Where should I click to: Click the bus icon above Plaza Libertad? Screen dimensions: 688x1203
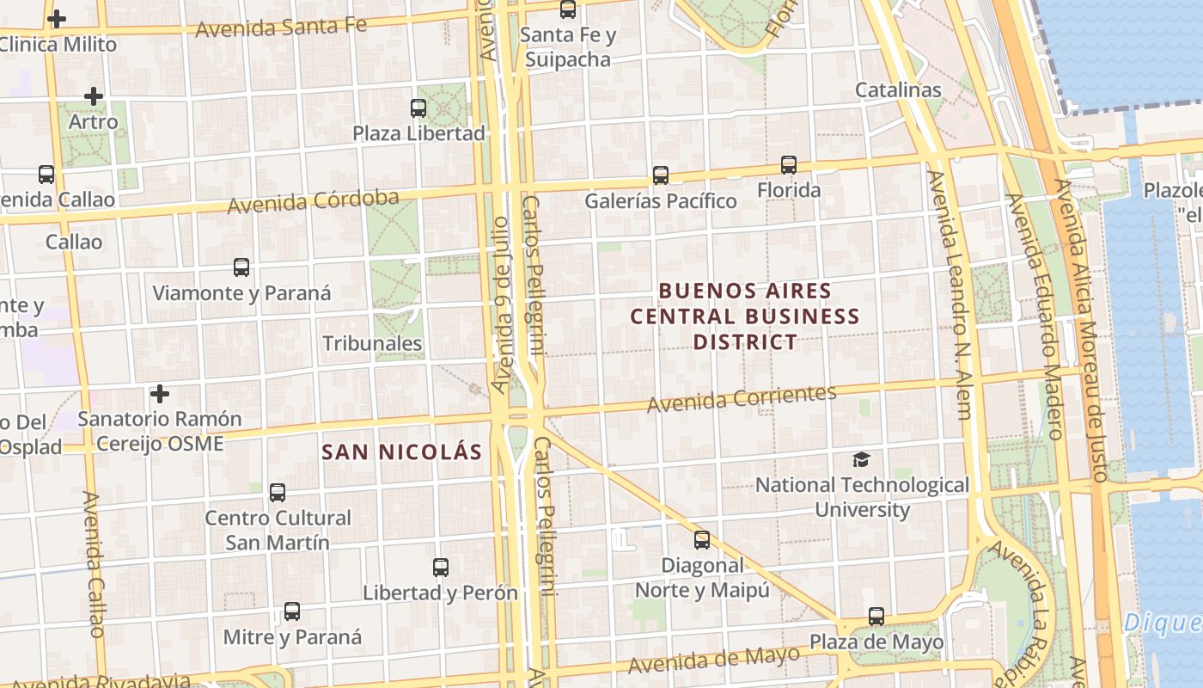(x=418, y=108)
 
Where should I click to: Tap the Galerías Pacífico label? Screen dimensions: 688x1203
(x=660, y=201)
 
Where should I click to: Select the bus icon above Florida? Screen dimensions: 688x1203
(x=789, y=165)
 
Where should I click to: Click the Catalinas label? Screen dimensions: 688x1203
(x=898, y=90)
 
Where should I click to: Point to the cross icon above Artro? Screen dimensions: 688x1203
(x=94, y=96)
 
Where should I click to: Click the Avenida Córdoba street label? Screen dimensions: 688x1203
(x=313, y=202)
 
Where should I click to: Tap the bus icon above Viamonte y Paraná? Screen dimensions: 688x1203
(x=241, y=267)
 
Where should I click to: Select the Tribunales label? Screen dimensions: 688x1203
(x=372, y=344)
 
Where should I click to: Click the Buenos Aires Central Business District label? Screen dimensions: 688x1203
(x=745, y=316)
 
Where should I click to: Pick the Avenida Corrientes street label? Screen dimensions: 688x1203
(x=742, y=399)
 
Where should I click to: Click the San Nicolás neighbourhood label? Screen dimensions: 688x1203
(x=401, y=452)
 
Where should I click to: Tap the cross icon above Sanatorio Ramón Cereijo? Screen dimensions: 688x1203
(x=159, y=394)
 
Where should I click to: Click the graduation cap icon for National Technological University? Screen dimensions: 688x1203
(x=861, y=460)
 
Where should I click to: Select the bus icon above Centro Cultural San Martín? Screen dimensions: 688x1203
(x=278, y=493)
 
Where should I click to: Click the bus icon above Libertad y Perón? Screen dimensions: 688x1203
(x=441, y=568)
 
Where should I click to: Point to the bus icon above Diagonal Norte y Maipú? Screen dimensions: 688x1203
(x=702, y=540)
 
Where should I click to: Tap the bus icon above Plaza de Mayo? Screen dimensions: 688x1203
(x=876, y=617)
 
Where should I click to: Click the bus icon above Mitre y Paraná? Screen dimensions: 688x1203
(x=292, y=611)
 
